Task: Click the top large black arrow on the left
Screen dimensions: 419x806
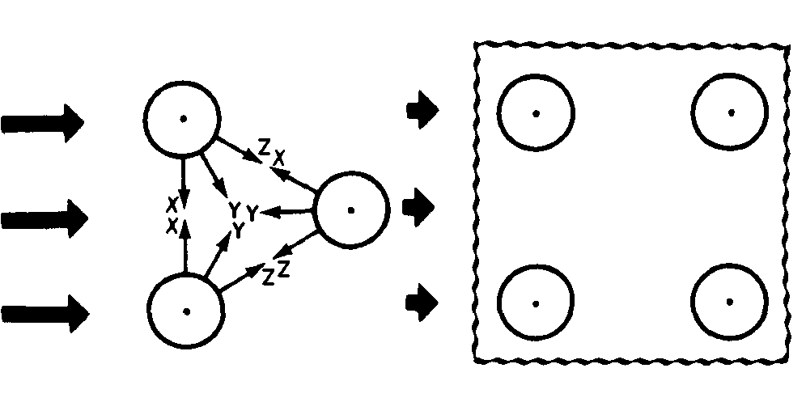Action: pyautogui.click(x=44, y=123)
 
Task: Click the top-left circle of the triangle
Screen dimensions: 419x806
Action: pyautogui.click(x=183, y=118)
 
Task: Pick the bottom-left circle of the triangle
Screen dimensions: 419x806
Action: pyautogui.click(x=185, y=311)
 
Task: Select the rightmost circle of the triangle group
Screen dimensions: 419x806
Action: pyautogui.click(x=350, y=209)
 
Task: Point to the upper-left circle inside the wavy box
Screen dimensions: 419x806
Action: pyautogui.click(x=535, y=112)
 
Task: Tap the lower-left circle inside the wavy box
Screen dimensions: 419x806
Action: pyautogui.click(x=535, y=303)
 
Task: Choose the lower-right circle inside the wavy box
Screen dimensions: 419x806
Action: pyautogui.click(x=730, y=302)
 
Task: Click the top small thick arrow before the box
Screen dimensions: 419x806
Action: pyautogui.click(x=422, y=109)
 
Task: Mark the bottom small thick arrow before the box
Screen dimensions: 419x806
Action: pyautogui.click(x=422, y=303)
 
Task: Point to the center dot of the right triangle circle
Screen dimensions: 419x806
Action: pyautogui.click(x=350, y=209)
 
